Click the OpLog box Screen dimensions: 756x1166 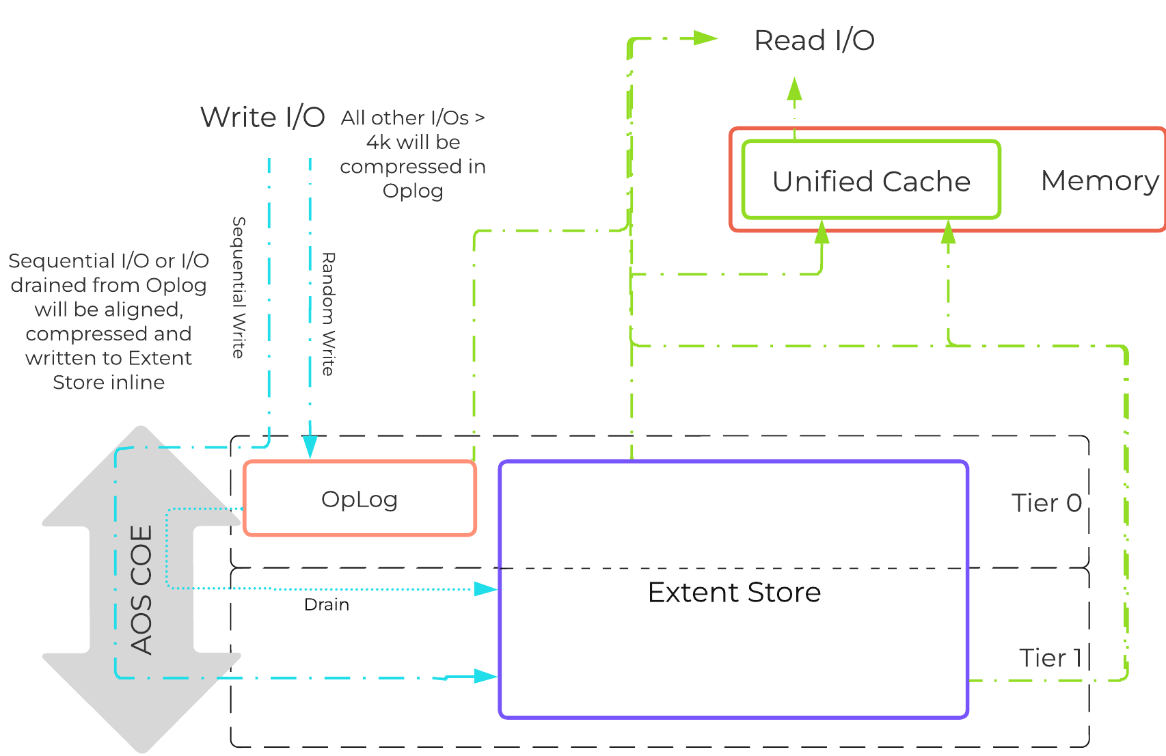point(360,499)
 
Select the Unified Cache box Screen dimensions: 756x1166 point(871,181)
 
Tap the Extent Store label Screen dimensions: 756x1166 point(734,592)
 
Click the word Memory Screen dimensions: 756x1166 point(1099,180)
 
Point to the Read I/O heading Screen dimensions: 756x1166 point(813,40)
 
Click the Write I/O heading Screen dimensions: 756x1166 point(262,117)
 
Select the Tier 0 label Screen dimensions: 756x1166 point(1046,503)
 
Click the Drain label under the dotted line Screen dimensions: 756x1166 point(327,605)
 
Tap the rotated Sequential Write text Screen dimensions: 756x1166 point(238,287)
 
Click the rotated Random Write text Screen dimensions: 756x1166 point(328,314)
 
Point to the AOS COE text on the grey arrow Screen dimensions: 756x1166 point(141,589)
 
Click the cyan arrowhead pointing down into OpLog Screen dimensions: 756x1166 point(310,448)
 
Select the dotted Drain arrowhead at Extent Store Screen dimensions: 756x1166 point(486,589)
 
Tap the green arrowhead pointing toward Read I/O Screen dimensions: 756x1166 point(705,38)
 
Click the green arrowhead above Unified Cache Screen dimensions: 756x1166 point(794,90)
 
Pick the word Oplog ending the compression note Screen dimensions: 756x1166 point(413,191)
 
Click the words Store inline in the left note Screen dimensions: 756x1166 point(109,382)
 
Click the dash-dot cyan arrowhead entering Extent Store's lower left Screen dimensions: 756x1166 point(486,676)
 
